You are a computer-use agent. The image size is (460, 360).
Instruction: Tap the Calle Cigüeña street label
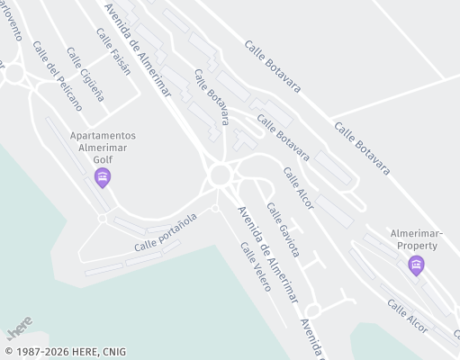(x=86, y=78)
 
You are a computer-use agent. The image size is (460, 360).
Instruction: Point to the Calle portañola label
(x=166, y=232)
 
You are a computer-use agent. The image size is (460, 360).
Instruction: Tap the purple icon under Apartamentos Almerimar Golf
(x=103, y=178)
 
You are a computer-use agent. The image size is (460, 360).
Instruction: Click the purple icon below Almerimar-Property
(x=416, y=264)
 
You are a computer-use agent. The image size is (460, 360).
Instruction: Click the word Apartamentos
(x=104, y=135)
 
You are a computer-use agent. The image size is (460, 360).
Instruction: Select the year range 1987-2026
(x=41, y=352)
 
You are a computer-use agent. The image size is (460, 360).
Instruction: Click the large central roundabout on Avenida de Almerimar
(x=219, y=175)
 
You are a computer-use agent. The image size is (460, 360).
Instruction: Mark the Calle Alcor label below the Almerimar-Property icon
(x=407, y=313)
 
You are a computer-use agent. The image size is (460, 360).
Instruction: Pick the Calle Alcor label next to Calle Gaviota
(x=298, y=187)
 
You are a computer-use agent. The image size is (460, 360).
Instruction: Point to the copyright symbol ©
(x=8, y=352)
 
